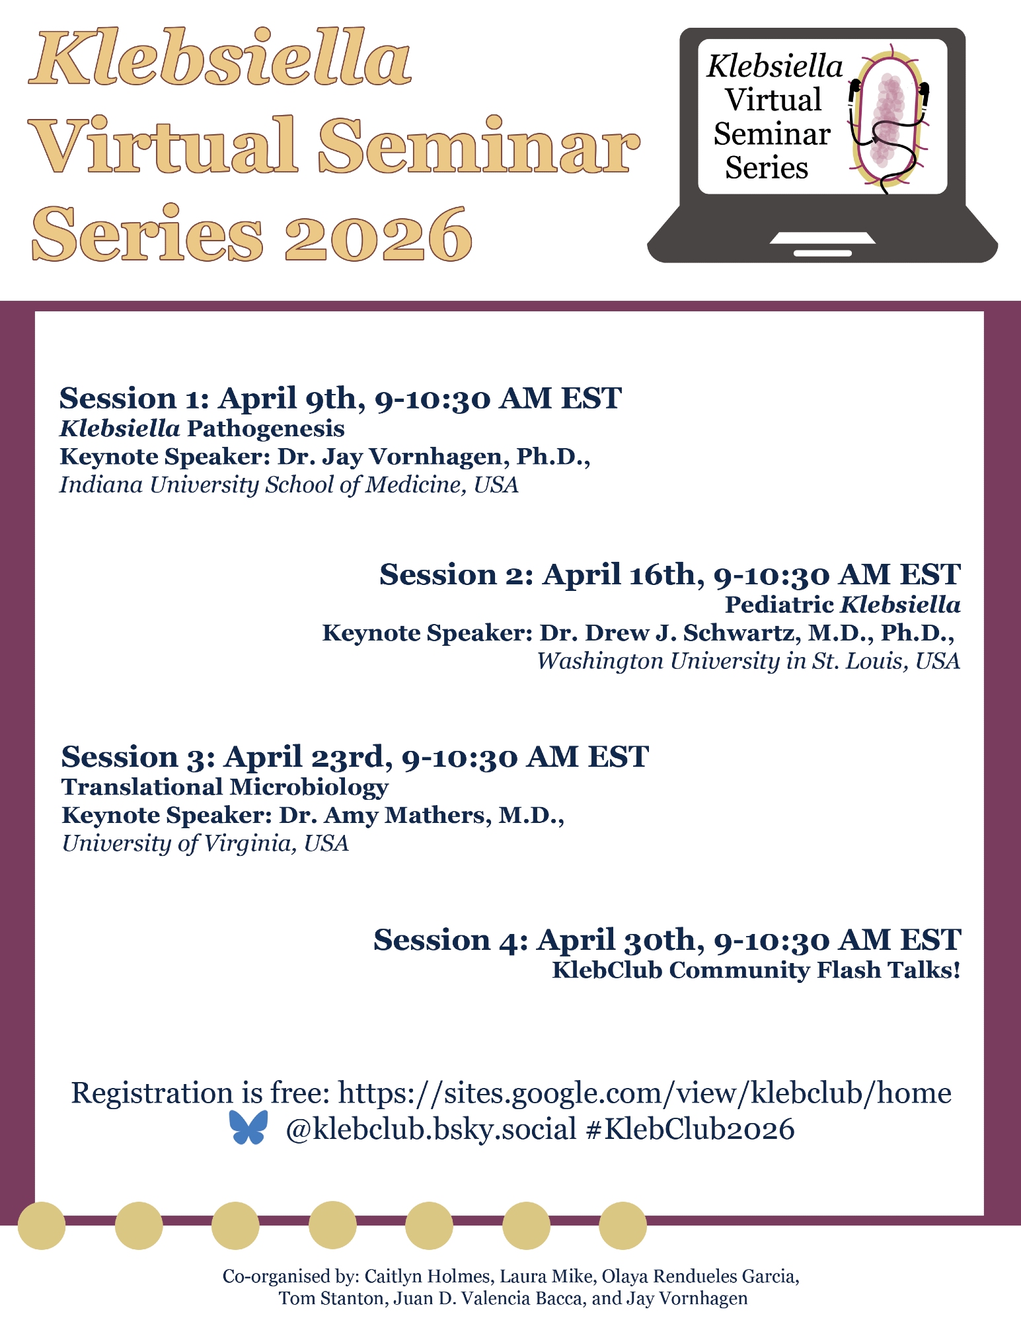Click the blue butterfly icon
248,1127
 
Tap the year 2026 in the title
379,235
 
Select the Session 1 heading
340,398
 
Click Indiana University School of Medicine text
289,485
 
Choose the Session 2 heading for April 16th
669,574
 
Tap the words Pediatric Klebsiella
843,604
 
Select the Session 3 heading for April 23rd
355,757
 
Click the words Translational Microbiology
225,787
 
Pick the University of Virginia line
205,843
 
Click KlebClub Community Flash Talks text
756,970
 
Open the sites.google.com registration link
645,1093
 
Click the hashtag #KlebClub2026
690,1128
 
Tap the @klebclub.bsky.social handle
432,1129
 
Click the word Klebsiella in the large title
220,58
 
